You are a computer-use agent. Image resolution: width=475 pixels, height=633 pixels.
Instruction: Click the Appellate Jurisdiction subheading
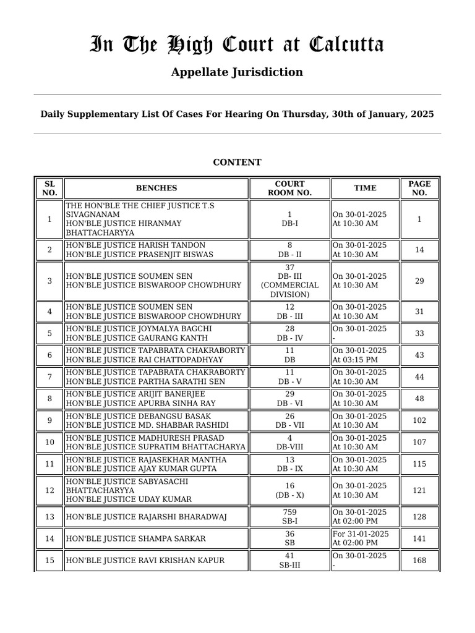[x=237, y=72]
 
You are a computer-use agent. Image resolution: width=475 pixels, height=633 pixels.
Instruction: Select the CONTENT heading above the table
[x=237, y=162]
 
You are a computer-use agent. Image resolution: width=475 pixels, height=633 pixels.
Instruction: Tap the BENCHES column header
[x=156, y=188]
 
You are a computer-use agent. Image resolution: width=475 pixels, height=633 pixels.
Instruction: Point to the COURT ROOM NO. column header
[x=289, y=188]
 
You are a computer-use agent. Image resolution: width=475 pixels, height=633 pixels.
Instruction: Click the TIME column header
[x=365, y=188]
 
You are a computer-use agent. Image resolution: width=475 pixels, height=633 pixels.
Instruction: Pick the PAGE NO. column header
[x=419, y=188]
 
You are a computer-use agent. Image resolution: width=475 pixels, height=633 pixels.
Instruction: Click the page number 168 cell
[x=419, y=561]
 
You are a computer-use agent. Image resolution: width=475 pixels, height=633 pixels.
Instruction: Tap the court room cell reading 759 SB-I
[x=289, y=517]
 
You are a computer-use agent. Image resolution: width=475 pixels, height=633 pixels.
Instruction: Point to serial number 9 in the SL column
[x=49, y=420]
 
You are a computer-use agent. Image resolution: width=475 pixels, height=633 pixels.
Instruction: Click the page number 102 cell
[x=419, y=420]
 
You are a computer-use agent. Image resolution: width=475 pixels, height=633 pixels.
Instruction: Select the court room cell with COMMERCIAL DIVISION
[x=289, y=281]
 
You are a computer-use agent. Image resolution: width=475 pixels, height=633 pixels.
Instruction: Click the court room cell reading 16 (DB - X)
[x=289, y=491]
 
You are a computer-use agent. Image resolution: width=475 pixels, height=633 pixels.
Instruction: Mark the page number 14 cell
[x=419, y=250]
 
